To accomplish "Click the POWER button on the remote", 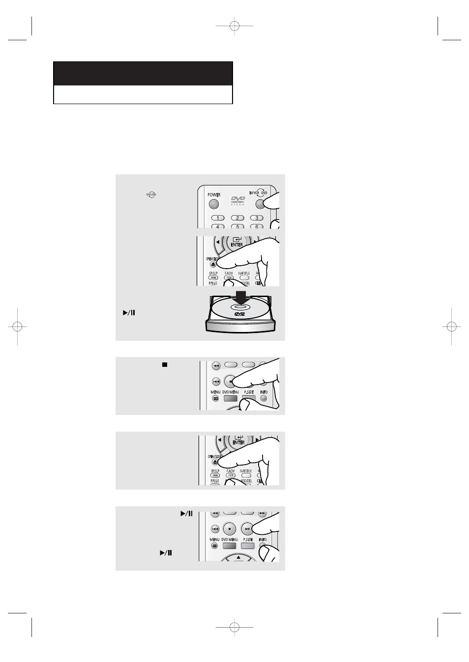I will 213,204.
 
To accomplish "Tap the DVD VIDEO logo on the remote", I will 238,201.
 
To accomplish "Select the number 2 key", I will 237,218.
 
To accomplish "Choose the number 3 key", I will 256,218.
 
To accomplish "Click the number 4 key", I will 218,226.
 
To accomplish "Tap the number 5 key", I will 237,226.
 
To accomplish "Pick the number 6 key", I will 256,226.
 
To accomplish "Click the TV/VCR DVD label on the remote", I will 258,193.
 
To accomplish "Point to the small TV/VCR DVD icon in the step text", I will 150,195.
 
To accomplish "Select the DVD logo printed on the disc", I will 239,314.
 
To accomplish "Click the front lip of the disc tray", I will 239,328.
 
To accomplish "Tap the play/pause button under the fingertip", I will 248,529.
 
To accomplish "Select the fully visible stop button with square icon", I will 230,529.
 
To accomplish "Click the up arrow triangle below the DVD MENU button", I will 238,557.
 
